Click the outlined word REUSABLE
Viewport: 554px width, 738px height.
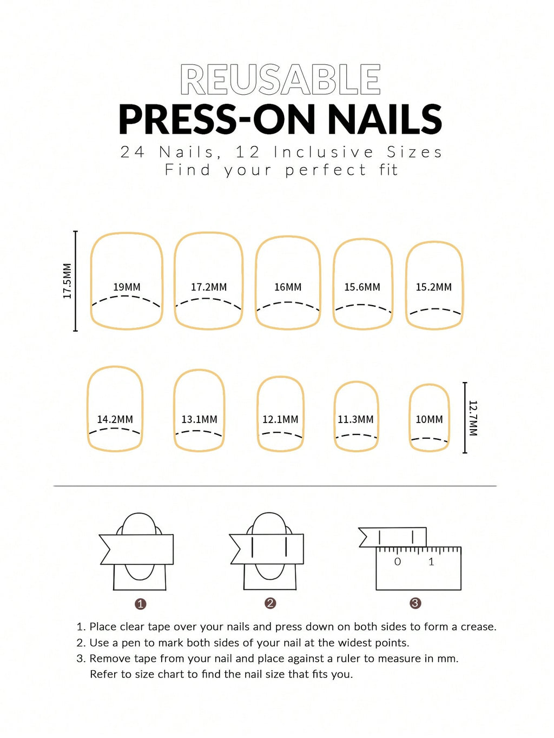coord(280,80)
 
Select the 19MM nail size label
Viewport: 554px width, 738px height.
coord(127,287)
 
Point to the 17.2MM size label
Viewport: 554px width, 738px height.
coord(209,287)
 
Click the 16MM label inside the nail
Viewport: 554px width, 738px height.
coord(288,287)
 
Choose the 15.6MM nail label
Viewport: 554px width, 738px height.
coord(362,287)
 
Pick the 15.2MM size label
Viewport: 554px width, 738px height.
coord(434,287)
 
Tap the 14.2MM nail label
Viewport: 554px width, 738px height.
coord(115,419)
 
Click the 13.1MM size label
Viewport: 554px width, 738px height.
coord(199,419)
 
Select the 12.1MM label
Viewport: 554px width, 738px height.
coord(280,419)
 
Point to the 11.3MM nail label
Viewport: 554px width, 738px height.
coord(355,419)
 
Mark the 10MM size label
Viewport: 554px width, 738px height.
coord(429,419)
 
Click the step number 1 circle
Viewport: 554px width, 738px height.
coord(141,604)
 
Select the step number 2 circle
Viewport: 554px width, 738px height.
coord(271,603)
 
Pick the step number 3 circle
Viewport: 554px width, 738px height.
coord(415,603)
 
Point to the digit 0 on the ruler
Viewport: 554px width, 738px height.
coord(397,562)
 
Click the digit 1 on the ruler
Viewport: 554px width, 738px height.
coord(432,562)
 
